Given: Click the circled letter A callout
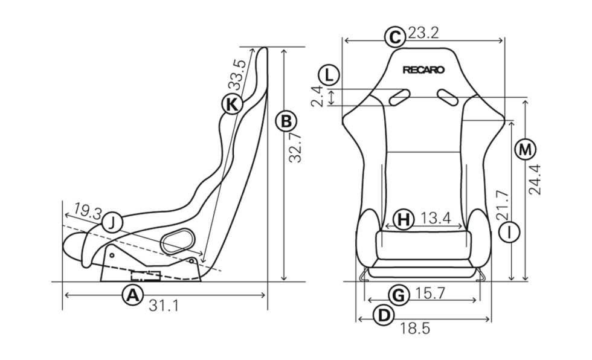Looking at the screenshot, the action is pos(132,295).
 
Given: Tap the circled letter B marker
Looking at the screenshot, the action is pos(286,121).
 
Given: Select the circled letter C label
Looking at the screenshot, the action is pos(395,37).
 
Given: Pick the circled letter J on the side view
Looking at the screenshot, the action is pos(112,223).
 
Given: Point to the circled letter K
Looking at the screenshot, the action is pos(231,104).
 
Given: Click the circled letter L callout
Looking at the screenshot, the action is pos(329,75).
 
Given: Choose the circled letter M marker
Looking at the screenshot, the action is pos(525,150).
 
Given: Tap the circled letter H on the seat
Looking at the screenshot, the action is pos(404,219).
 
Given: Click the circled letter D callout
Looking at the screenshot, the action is pos(384,315).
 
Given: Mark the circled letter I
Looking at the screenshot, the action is pos(509,232).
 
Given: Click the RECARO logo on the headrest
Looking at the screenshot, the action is pos(423,70).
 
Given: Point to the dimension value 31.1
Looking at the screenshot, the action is pos(164,305).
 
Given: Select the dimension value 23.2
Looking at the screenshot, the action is pos(423,33).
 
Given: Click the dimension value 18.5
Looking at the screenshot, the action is pos(415,329).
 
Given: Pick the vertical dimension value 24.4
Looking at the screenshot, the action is pos(535,179).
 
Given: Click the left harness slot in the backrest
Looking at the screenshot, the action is pos(400,97).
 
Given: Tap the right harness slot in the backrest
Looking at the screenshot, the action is pos(448,97).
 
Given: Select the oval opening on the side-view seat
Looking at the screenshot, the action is pos(177,240).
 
